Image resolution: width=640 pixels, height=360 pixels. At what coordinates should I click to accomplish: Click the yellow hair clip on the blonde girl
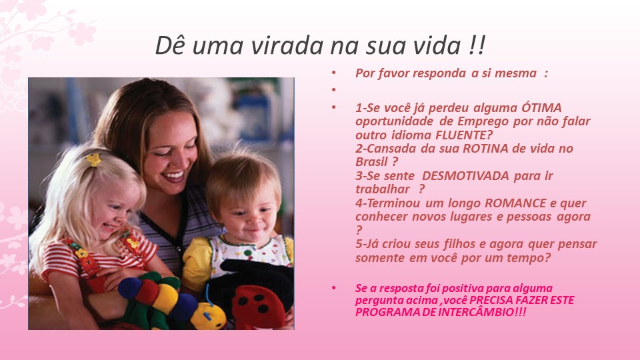(93, 159)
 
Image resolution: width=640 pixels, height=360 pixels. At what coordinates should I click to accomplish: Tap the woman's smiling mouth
(173, 176)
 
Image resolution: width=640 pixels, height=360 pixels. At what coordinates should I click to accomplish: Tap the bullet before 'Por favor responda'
(334, 73)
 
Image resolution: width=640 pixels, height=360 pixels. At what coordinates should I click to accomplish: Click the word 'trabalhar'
(382, 189)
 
